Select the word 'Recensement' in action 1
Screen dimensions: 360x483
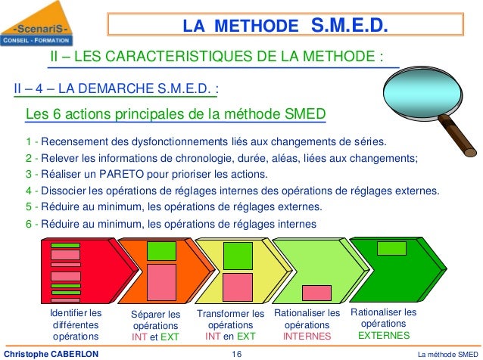tap(76, 141)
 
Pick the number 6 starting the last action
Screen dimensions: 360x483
tap(28, 224)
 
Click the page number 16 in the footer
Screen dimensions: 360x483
tap(236, 353)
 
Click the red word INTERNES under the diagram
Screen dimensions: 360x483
tap(307, 335)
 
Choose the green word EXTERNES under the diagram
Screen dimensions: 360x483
tap(384, 335)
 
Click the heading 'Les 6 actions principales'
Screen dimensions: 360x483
tap(176, 114)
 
